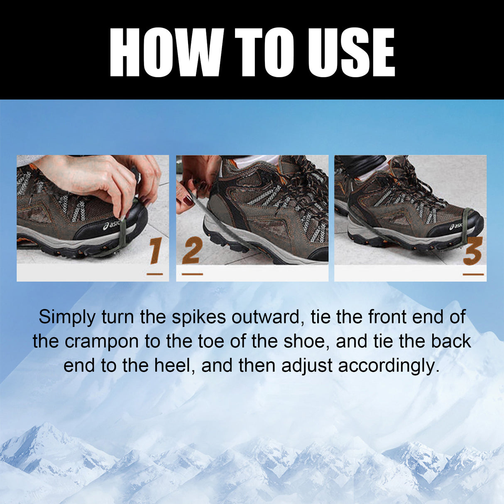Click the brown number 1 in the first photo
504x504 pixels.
click(156, 251)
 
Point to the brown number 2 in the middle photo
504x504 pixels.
click(192, 250)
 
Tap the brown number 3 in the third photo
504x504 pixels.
click(473, 251)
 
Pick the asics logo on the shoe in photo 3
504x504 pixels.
click(456, 227)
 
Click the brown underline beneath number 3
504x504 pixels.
click(473, 274)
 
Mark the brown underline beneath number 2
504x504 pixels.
click(192, 274)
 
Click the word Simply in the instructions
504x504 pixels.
click(67, 318)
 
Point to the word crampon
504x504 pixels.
click(102, 342)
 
